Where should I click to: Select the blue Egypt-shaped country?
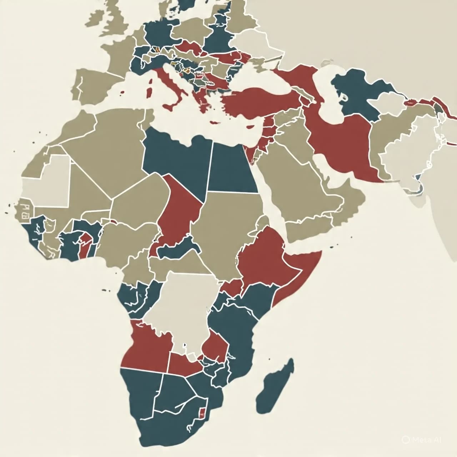pyautogui.click(x=232, y=168)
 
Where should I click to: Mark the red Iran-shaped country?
pyautogui.click(x=343, y=143)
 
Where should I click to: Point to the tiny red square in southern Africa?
pyautogui.click(x=201, y=412)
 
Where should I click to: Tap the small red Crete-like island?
pyautogui.click(x=214, y=123)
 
